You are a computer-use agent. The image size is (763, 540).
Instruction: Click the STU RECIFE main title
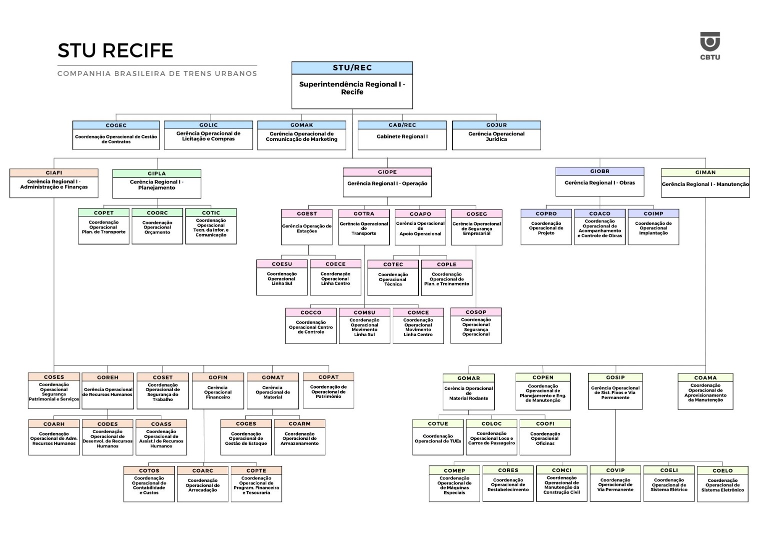click(115, 50)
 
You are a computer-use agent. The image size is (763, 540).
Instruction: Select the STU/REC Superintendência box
click(352, 85)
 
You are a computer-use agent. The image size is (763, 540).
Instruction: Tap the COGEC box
click(116, 135)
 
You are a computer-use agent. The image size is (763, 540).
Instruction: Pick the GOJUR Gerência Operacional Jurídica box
click(496, 135)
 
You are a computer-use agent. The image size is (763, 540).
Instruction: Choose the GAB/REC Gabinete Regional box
click(402, 135)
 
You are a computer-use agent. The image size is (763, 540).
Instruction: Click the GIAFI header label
click(54, 172)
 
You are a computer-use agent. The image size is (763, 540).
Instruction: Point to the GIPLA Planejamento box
click(156, 183)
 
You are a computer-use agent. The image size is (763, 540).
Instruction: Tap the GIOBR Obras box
click(600, 181)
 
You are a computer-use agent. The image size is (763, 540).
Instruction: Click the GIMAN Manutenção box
click(705, 183)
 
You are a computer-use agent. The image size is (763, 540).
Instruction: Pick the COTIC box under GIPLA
click(211, 226)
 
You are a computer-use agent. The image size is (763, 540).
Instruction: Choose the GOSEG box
click(477, 227)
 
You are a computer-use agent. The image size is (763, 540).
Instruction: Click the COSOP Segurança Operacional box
click(476, 325)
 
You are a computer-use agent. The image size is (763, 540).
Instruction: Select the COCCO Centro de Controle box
click(311, 325)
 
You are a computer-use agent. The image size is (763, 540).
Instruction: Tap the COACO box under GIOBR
click(600, 226)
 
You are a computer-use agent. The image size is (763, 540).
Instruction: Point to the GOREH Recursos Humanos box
click(108, 390)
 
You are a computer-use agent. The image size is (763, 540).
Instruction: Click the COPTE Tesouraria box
click(256, 484)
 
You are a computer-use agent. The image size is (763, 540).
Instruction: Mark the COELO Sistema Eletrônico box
click(723, 484)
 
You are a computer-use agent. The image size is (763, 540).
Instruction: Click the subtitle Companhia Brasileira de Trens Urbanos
click(157, 73)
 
